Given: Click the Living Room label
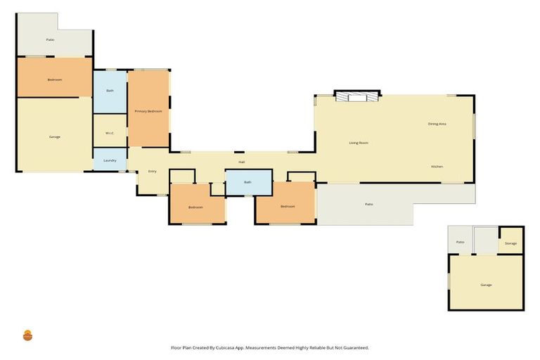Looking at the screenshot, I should pos(359,143).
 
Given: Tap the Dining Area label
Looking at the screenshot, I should pos(437,124).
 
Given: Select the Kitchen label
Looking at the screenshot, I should pos(437,166).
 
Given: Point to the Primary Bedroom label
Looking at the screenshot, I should pos(148,112).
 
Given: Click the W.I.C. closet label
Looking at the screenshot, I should pos(110,133).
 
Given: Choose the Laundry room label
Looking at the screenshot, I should pos(110,160).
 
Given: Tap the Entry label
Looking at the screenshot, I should pos(152,172).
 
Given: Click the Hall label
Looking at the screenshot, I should pos(241,162).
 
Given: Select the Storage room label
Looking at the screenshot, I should pos(510,243).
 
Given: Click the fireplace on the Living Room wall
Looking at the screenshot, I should pos(357,97).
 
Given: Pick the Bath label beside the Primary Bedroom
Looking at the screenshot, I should pos(110,91).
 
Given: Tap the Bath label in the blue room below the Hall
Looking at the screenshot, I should pos(247,182).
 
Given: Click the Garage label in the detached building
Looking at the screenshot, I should pos(486,285).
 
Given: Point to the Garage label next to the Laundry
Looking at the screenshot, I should pos(54,136).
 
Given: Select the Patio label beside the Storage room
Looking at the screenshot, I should pos(460,242).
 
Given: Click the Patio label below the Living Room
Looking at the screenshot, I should pos(368,205).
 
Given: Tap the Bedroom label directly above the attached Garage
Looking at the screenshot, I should pos(54,79).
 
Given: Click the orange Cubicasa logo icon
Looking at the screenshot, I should pos(28,335).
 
